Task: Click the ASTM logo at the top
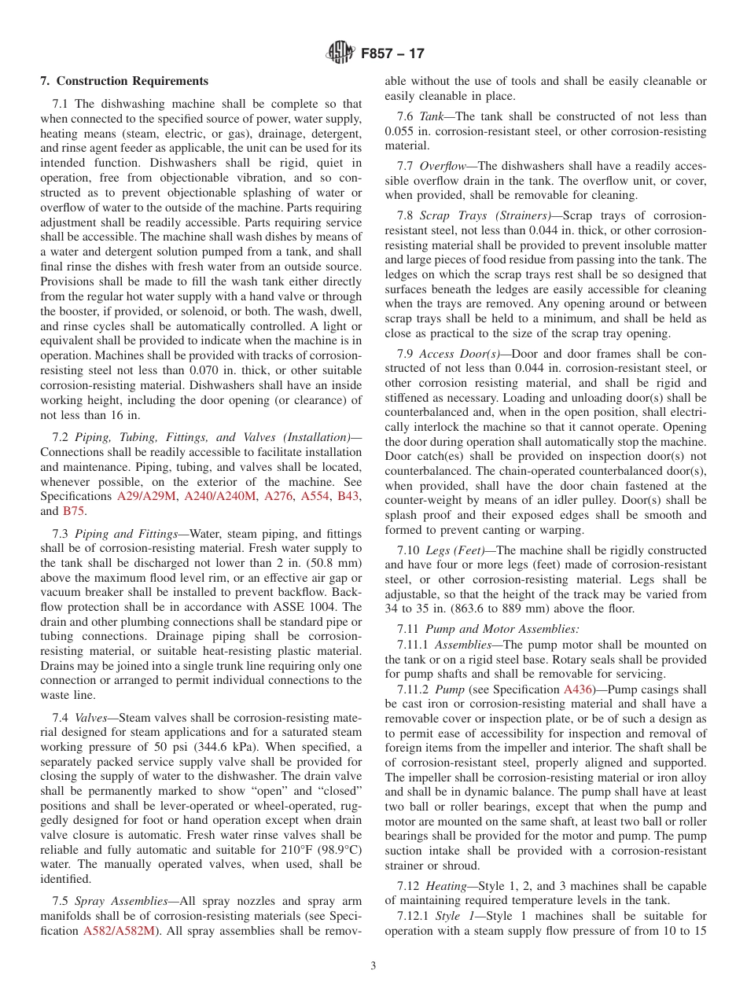(x=340, y=53)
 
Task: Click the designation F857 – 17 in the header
(x=392, y=53)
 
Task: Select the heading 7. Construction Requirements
(x=124, y=81)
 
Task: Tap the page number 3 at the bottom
(x=373, y=966)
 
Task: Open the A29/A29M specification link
(x=147, y=496)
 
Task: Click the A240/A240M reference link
(x=220, y=496)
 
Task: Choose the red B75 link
(x=73, y=510)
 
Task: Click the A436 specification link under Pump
(x=578, y=689)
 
